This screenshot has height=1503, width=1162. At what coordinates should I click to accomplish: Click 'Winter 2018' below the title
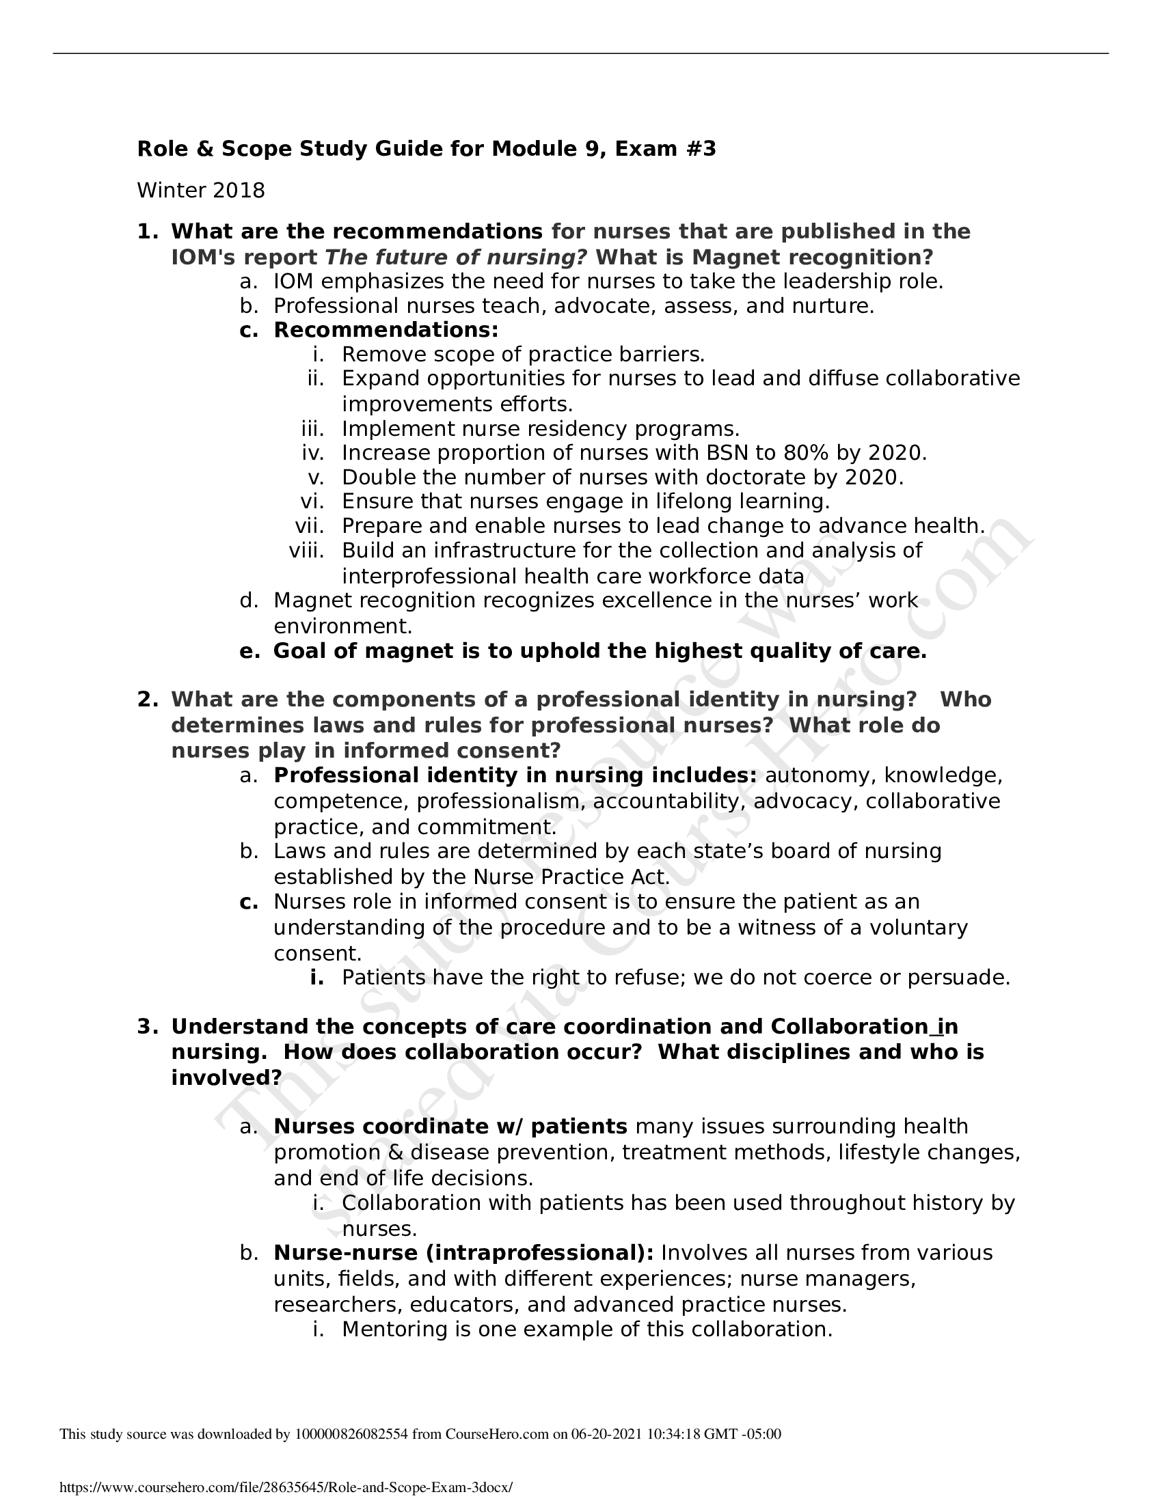click(200, 191)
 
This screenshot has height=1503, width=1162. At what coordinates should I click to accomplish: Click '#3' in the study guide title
click(701, 149)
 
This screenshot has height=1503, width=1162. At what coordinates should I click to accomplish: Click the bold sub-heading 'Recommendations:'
click(386, 331)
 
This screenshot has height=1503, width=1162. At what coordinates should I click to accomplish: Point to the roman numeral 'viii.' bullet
click(306, 551)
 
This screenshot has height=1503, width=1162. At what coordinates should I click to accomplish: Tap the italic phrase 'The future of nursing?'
click(456, 258)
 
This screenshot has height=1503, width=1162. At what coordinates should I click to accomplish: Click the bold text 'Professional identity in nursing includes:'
click(515, 775)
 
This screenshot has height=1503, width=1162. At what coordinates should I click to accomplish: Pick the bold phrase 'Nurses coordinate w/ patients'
click(450, 1127)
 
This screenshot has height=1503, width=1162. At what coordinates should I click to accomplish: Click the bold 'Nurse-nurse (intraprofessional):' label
click(463, 1252)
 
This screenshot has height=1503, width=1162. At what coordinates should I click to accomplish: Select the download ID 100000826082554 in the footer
click(351, 1434)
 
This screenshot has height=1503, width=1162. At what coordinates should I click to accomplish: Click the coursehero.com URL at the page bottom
click(286, 1488)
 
